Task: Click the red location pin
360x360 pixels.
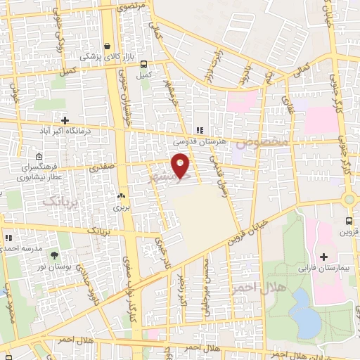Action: coord(181,164)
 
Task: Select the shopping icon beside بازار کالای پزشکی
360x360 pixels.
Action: coord(107,46)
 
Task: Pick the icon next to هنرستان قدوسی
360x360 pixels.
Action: coord(200,130)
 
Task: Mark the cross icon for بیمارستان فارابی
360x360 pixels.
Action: coord(323,257)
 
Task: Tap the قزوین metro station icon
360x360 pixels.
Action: coord(347,220)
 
